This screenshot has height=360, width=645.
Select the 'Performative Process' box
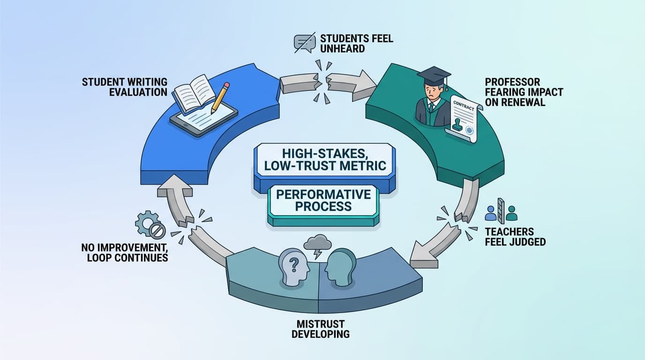[323, 200]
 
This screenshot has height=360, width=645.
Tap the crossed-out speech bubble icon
[303, 43]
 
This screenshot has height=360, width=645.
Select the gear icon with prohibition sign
[150, 225]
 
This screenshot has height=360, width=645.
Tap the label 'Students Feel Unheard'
[356, 43]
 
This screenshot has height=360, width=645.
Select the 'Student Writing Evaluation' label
[124, 87]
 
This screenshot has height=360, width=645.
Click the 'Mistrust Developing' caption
[320, 329]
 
